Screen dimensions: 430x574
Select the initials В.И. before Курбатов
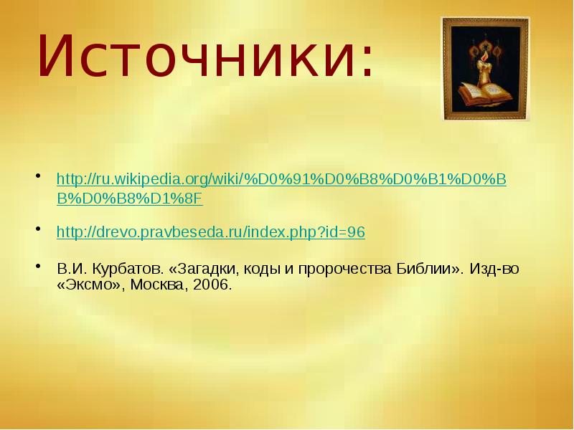tap(71, 269)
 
